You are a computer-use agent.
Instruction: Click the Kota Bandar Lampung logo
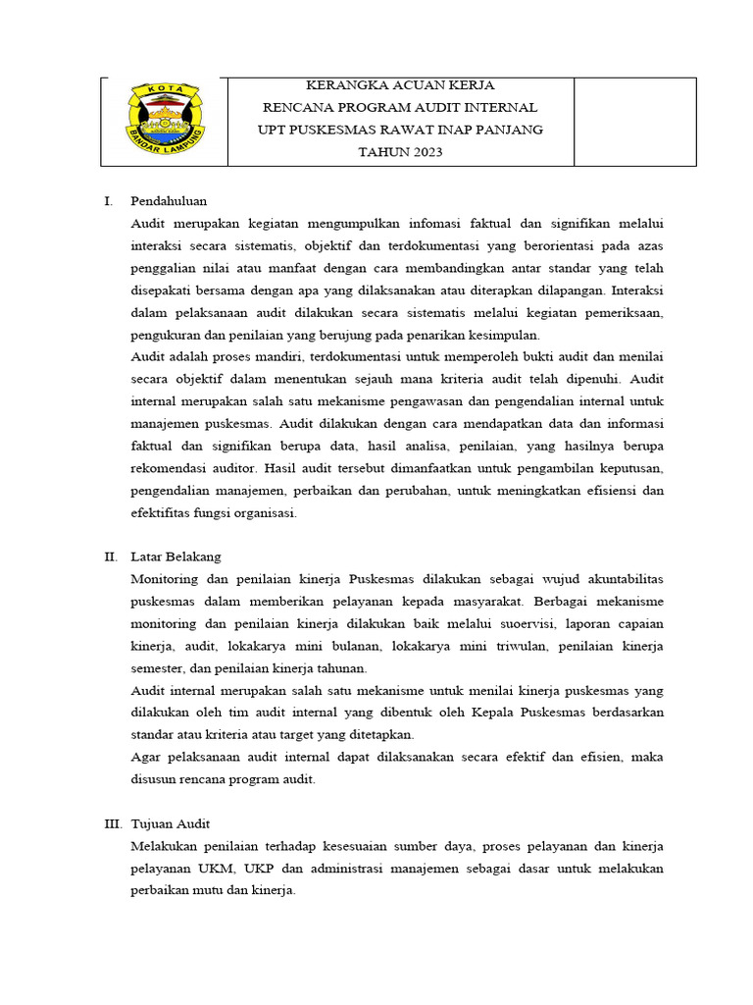(x=164, y=121)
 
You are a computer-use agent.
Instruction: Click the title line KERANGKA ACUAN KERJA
(x=400, y=85)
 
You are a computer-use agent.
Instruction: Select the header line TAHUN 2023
(x=400, y=151)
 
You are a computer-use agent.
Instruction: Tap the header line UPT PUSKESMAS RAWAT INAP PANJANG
(x=400, y=130)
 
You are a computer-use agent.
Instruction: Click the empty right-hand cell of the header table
(x=634, y=122)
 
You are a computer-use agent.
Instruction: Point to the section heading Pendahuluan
(x=169, y=200)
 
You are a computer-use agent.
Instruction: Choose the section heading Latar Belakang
(x=176, y=556)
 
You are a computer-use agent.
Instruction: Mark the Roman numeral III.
(x=114, y=823)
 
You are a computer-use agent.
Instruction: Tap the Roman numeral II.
(x=112, y=556)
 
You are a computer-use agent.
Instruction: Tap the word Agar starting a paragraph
(x=144, y=757)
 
